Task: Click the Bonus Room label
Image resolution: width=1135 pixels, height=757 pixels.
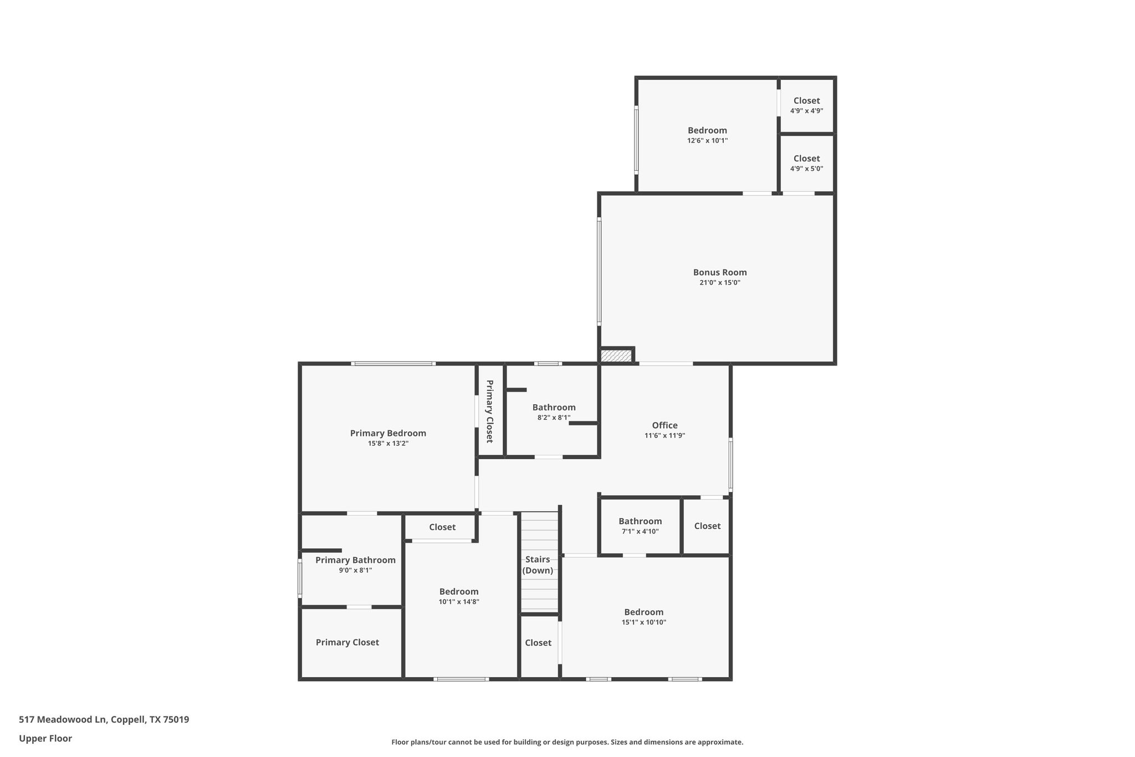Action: pos(719,272)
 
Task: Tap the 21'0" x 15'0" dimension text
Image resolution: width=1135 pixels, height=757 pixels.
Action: pos(719,283)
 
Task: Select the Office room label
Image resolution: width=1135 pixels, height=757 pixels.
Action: pos(664,425)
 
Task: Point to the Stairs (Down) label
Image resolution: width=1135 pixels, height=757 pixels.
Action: pos(538,565)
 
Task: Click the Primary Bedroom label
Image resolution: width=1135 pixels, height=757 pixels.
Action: pos(388,433)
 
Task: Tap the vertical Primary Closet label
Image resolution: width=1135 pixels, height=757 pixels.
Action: pos(490,411)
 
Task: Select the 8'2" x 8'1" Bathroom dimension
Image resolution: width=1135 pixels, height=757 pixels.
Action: pos(554,418)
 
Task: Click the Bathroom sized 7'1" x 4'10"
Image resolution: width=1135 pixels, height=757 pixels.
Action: pos(640,521)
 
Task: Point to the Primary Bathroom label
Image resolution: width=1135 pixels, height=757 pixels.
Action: pos(355,560)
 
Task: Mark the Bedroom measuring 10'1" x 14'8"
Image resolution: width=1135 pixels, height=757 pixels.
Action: pos(459,592)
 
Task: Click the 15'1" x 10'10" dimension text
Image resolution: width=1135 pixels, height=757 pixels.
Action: pos(643,622)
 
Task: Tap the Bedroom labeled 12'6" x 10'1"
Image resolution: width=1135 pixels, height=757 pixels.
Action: pos(707,131)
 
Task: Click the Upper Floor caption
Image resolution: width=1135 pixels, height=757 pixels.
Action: pos(45,738)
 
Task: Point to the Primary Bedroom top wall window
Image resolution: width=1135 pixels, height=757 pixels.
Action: pos(393,364)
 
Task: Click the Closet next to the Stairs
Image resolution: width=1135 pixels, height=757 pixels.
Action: pos(538,643)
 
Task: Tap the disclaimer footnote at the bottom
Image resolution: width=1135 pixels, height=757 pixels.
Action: pos(567,742)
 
